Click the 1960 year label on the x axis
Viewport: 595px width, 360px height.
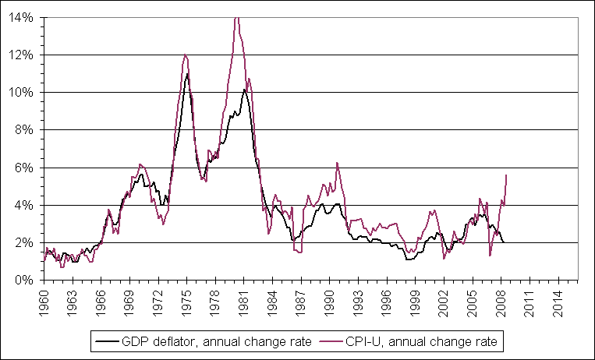[44, 300]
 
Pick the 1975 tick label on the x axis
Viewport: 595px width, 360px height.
[187, 300]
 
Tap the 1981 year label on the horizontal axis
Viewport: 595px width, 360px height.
[244, 300]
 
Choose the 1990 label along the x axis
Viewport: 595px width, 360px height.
[330, 300]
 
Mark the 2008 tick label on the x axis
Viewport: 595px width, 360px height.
[501, 300]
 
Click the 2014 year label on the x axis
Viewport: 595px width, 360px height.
[558, 300]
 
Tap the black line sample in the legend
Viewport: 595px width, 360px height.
[104, 341]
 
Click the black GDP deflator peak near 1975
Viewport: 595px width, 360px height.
[187, 74]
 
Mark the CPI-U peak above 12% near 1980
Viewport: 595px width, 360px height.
[236, 17]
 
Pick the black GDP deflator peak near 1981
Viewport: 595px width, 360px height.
[244, 90]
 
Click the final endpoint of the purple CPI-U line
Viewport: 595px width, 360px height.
[507, 175]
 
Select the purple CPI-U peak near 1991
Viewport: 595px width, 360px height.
[337, 163]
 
